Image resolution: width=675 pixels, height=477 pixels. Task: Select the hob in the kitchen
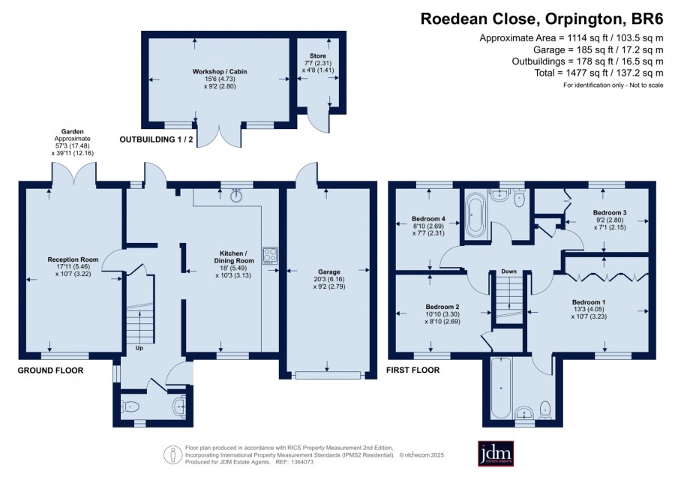(x=270, y=255)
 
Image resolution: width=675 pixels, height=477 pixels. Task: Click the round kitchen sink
(x=236, y=196)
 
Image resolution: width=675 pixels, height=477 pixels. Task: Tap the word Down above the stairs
(x=508, y=271)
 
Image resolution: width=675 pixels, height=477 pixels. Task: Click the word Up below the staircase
(x=139, y=348)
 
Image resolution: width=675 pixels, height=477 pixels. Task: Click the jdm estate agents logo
(x=496, y=453)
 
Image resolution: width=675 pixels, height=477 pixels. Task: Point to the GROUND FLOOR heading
(x=50, y=370)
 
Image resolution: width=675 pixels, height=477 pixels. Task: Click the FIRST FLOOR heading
(x=412, y=370)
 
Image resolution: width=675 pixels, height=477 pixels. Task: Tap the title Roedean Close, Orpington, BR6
(x=541, y=19)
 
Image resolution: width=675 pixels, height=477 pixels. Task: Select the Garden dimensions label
(x=72, y=142)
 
